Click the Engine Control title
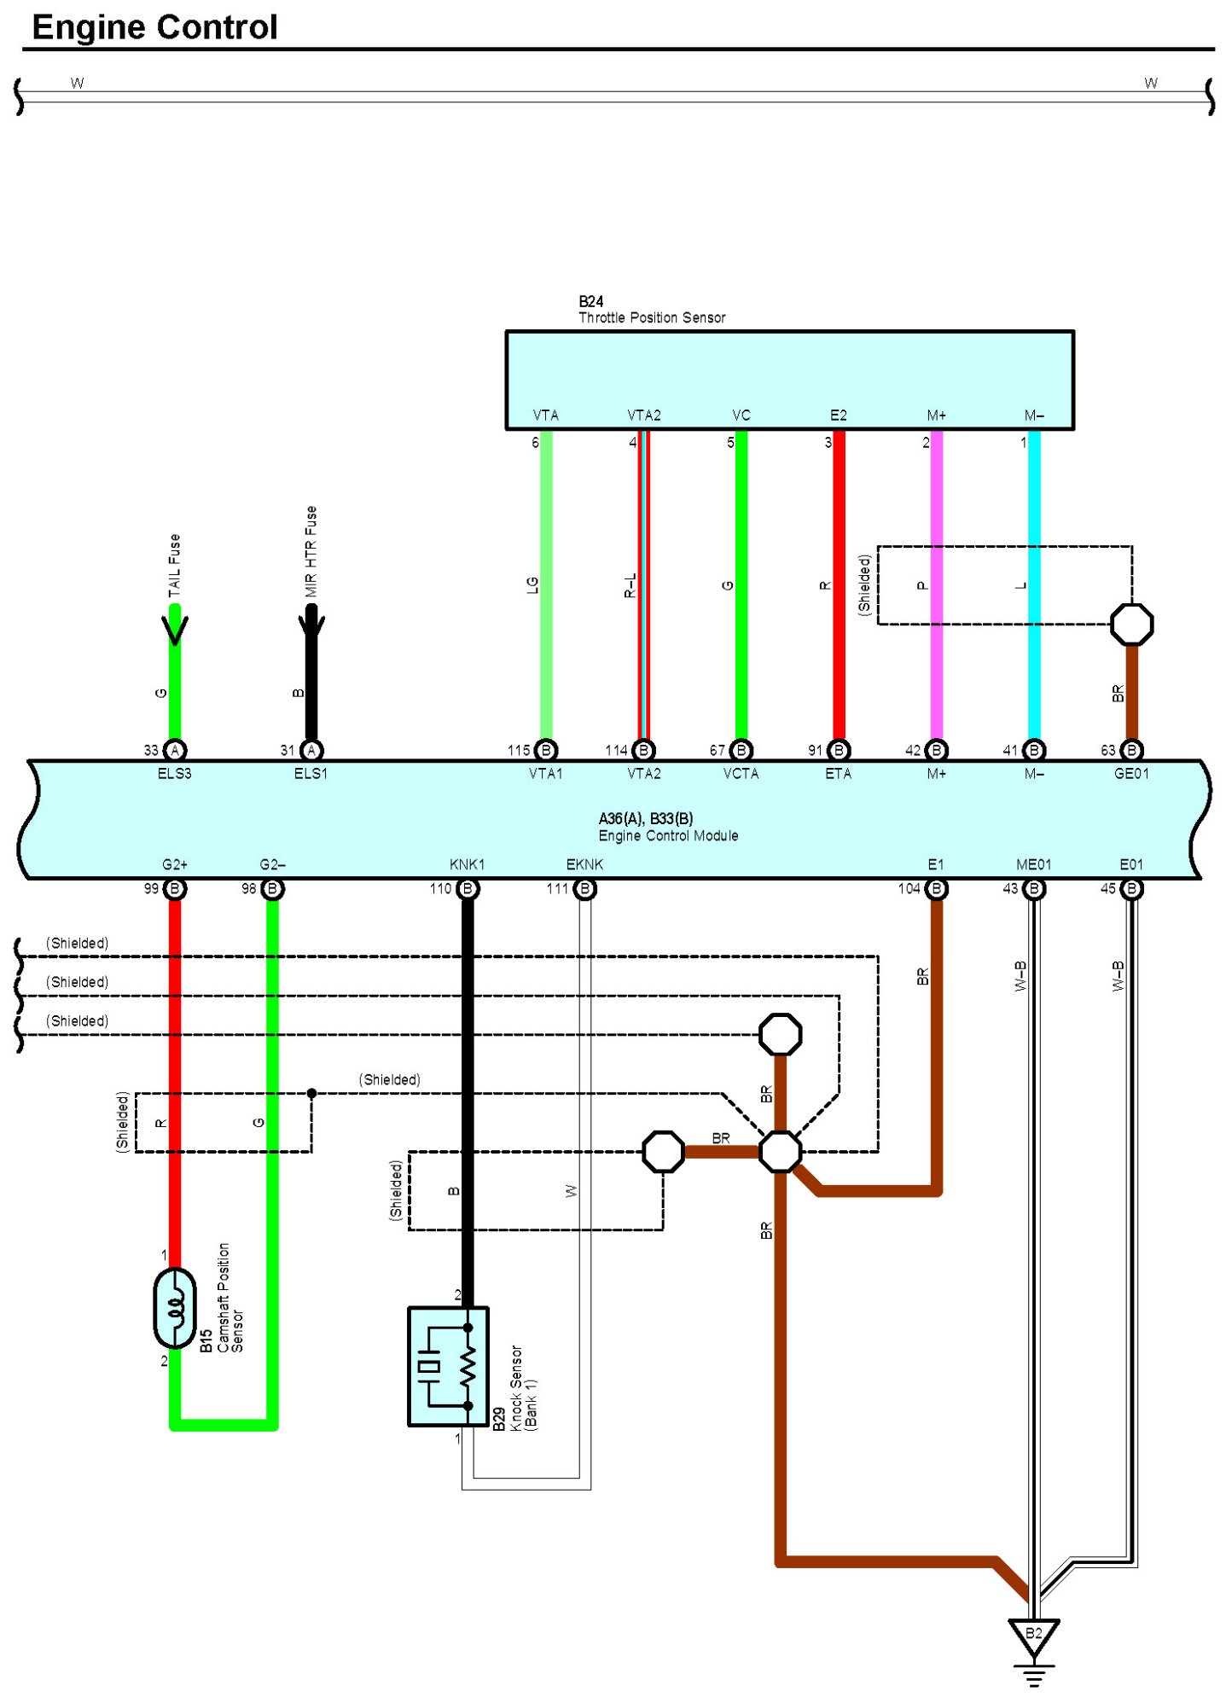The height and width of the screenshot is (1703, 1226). click(154, 27)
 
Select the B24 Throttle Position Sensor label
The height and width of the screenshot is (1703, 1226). click(651, 310)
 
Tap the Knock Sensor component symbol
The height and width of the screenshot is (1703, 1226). click(448, 1366)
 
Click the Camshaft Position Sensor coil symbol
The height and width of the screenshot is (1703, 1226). click(175, 1307)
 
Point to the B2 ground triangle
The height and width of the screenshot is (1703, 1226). click(1033, 1634)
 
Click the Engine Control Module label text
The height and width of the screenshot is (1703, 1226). click(668, 836)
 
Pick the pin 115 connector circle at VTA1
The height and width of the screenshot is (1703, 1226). click(546, 750)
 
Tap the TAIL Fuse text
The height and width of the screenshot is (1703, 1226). click(175, 565)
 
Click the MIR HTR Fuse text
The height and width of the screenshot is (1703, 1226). click(311, 550)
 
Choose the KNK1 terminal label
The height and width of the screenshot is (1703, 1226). click(467, 864)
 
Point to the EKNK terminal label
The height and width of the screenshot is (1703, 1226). click(584, 864)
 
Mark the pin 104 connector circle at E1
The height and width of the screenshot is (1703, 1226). click(936, 889)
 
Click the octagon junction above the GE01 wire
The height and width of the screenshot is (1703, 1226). click(1131, 625)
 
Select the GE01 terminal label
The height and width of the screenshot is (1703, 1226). click(1131, 774)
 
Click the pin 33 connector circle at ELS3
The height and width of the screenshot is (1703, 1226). click(175, 750)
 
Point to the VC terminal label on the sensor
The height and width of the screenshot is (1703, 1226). click(741, 416)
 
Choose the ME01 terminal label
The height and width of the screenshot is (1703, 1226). click(1033, 864)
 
